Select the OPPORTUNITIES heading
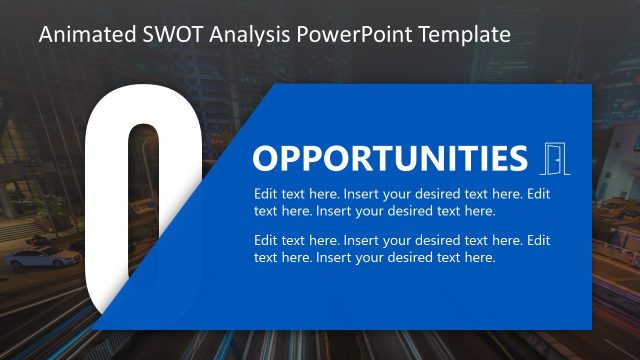[389, 159]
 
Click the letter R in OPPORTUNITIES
[375, 159]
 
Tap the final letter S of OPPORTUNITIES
[516, 159]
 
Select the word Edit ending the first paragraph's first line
[539, 194]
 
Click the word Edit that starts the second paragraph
[267, 241]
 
